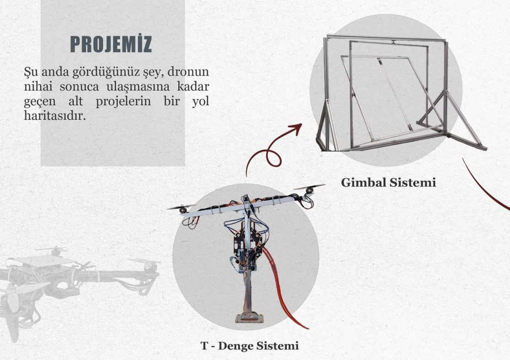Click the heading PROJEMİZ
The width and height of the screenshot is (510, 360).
[111, 44]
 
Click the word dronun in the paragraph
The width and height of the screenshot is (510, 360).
[188, 71]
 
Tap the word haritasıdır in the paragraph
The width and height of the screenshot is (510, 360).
[54, 115]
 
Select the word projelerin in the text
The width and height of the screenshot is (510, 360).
[123, 102]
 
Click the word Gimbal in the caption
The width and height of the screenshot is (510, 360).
[363, 183]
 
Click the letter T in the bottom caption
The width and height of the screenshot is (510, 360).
[204, 346]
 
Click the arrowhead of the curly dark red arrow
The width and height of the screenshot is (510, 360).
[297, 128]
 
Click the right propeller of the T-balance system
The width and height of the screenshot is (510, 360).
[309, 188]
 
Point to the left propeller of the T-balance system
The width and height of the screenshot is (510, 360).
[181, 207]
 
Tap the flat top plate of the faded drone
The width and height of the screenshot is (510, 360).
[46, 260]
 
